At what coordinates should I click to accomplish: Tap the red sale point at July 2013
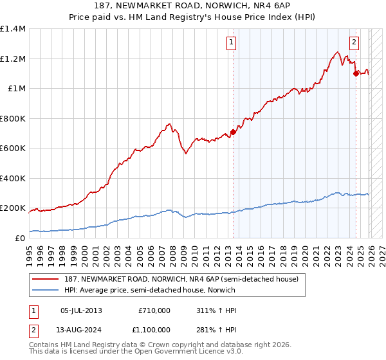(233, 132)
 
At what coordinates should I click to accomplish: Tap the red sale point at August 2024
(356, 73)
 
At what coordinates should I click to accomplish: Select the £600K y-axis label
(13, 148)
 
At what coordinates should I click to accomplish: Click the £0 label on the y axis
(19, 238)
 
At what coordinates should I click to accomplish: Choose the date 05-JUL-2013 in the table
(81, 310)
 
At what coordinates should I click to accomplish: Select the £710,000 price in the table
(154, 310)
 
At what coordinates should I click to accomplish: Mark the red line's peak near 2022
(337, 52)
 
